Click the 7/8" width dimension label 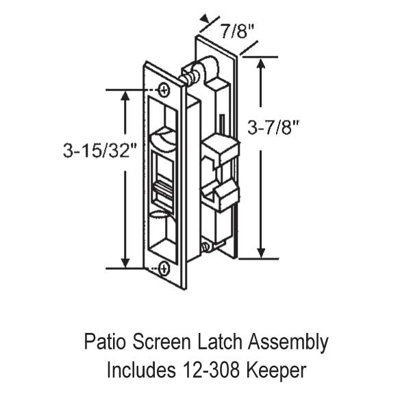point(234,29)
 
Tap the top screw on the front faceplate point(163,90)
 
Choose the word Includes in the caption point(138,371)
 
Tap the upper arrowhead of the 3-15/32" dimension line point(125,95)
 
